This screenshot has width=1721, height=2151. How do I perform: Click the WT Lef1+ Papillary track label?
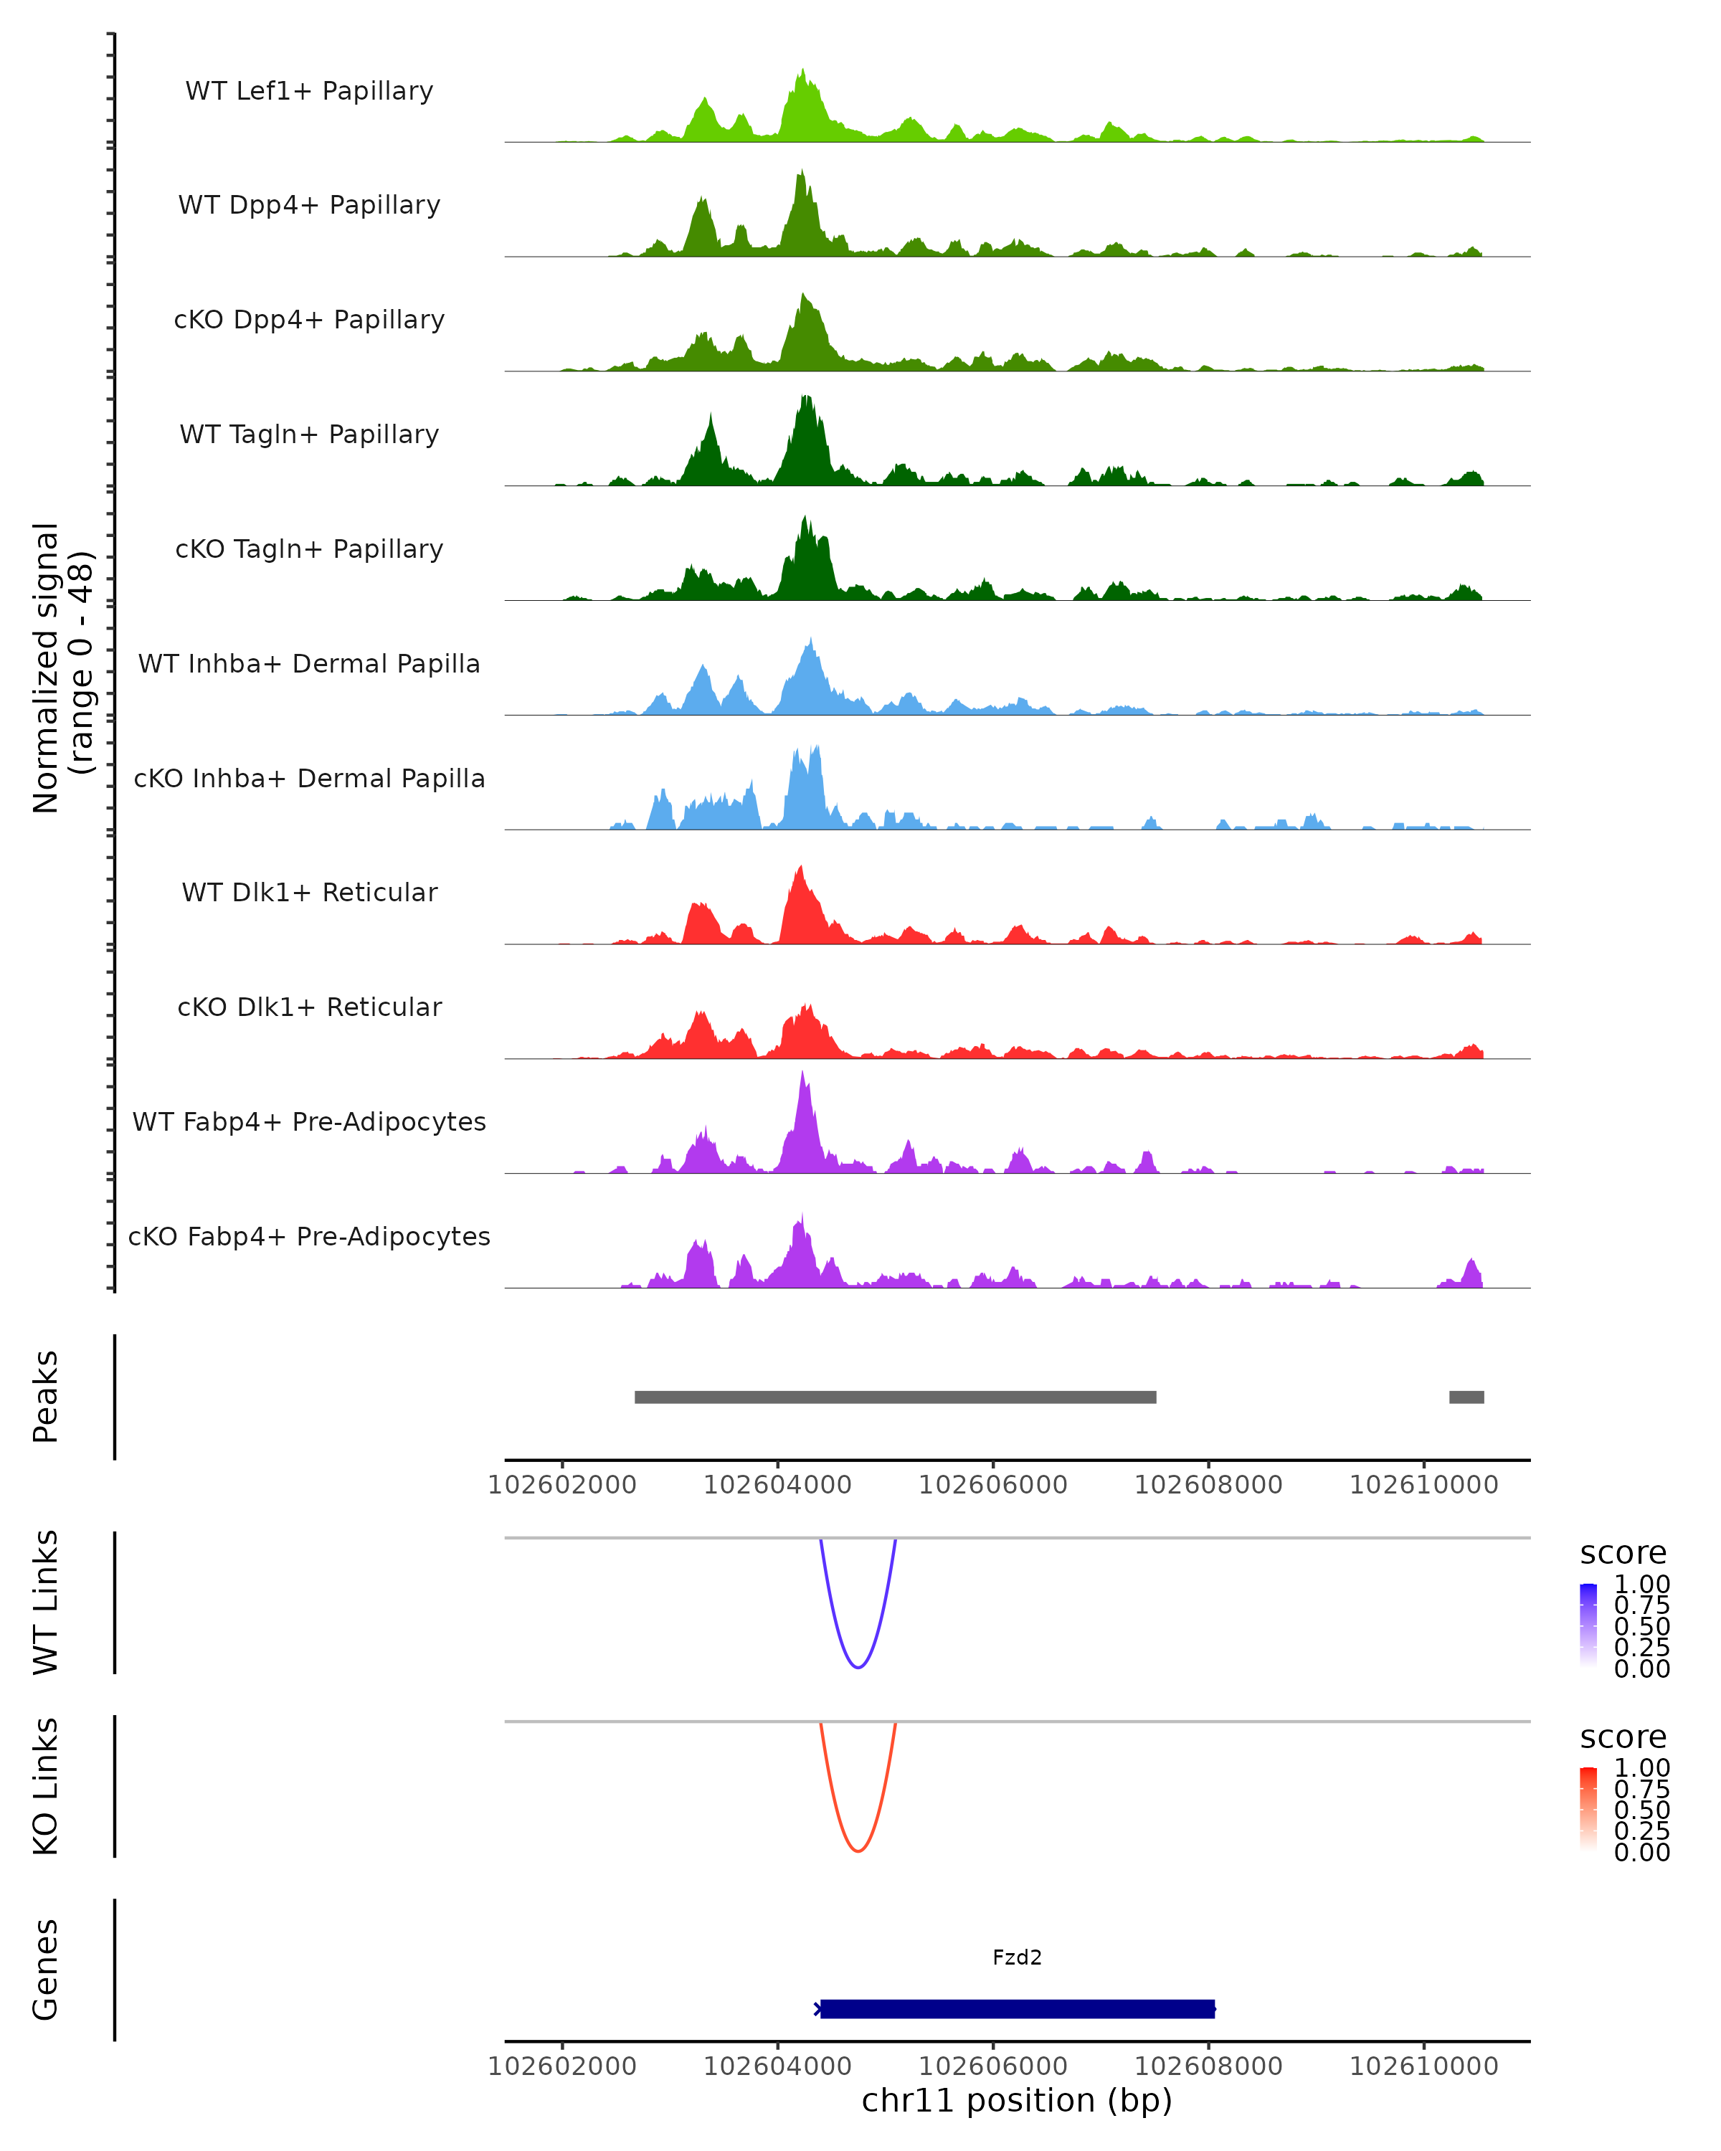click(309, 91)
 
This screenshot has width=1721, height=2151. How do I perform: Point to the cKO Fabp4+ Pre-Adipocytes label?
click(309, 1236)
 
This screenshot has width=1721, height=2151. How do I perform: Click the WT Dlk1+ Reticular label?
click(309, 892)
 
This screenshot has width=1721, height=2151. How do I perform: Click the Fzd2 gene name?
click(1017, 1957)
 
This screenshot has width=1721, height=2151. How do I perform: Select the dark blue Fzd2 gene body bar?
click(1017, 2008)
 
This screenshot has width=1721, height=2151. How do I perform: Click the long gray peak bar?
click(895, 1397)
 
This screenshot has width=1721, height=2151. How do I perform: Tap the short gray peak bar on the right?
click(1466, 1397)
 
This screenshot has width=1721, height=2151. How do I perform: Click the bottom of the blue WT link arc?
click(858, 1666)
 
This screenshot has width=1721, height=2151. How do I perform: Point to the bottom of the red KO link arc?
click(858, 1850)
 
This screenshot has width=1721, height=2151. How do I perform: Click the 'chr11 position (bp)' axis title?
click(1017, 2100)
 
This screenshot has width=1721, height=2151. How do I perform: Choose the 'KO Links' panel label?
click(46, 1786)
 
